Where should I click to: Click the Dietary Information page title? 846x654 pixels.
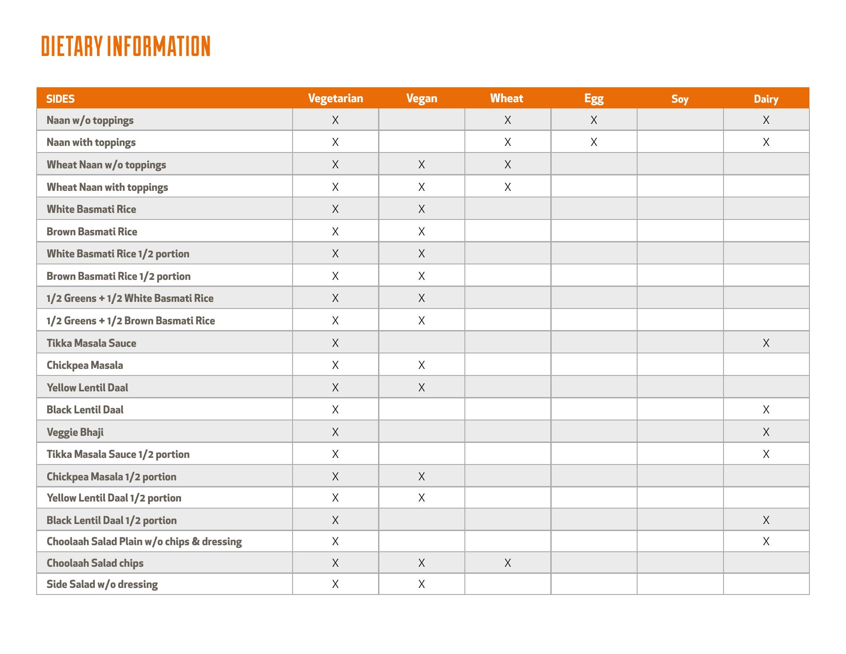126,46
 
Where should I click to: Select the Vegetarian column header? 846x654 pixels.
335,98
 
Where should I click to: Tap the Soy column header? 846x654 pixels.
679,99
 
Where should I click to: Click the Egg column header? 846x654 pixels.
594,98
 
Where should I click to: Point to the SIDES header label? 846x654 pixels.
60,99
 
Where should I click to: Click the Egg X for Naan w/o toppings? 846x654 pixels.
594,120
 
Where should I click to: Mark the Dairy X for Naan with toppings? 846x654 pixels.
766,142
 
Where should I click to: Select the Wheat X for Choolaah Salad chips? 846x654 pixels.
508,563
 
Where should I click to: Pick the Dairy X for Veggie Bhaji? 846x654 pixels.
766,432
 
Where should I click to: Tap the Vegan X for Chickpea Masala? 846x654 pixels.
421,365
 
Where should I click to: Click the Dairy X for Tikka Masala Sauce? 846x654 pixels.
766,343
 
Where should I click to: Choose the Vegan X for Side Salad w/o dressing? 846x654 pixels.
421,584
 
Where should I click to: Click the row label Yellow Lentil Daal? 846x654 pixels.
87,387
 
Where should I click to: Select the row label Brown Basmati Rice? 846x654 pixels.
92,231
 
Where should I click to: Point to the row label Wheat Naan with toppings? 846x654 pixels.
107,187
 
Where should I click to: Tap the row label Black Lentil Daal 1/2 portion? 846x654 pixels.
111,520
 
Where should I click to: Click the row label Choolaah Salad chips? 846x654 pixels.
95,563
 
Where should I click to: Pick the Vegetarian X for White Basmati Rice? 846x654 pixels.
335,209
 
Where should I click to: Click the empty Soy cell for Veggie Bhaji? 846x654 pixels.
679,432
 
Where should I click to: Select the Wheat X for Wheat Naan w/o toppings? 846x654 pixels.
508,164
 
